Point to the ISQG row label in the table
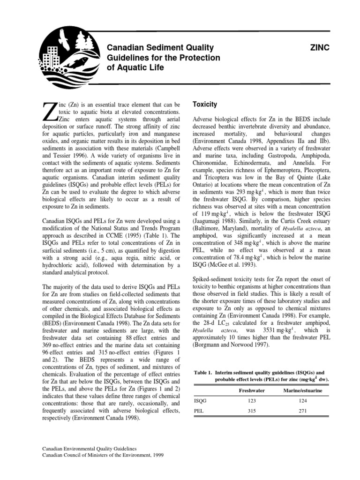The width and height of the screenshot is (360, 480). point(199,401)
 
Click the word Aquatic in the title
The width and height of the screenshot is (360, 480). point(134,67)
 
